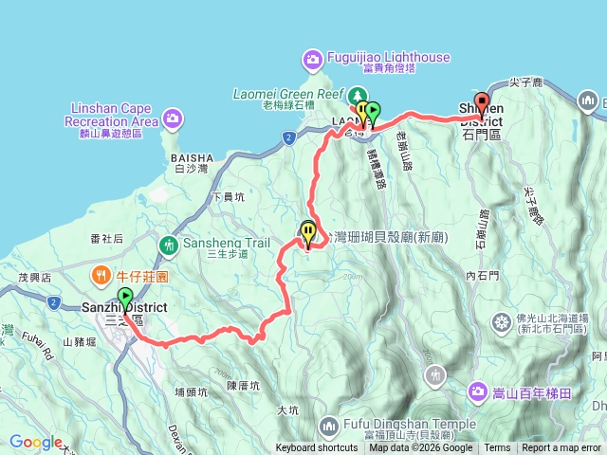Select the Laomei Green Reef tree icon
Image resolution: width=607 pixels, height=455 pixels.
pos(359,95)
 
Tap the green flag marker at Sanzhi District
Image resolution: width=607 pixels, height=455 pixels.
pos(124,298)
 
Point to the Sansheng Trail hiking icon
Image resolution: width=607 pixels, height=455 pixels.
pos(169,245)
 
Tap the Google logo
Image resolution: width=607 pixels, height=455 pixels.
pos(35,442)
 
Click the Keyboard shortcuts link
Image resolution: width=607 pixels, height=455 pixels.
pos(317,448)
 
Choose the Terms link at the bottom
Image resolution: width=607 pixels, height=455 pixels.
pos(497,448)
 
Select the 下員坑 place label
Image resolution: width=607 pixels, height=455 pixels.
pos(229,197)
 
